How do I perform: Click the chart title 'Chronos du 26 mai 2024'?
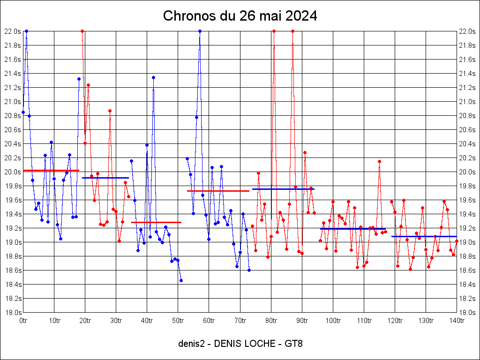point(240,16)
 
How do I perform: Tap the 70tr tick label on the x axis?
point(240,321)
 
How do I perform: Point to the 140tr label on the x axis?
point(457,321)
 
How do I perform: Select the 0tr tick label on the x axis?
point(23,321)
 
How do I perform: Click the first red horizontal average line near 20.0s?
point(51,170)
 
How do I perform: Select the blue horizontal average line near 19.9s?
point(105,178)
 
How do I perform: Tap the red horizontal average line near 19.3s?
point(156,222)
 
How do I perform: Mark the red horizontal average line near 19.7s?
point(218,191)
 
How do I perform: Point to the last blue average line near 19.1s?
point(424,236)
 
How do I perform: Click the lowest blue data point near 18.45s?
point(181,280)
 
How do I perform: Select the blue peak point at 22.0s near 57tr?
point(200,31)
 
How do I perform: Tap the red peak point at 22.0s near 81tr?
point(274,31)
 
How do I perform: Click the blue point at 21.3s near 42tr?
point(153,77)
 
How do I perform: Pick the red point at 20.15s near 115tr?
point(379,161)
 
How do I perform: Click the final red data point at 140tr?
point(457,241)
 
